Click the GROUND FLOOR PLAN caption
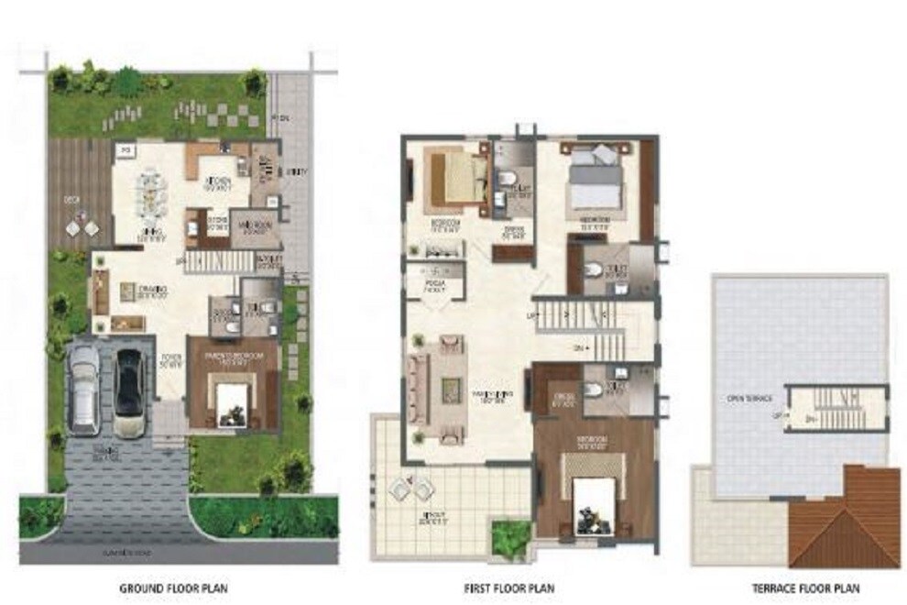click(173, 588)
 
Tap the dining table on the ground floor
click(148, 192)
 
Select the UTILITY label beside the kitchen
click(297, 171)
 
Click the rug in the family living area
click(453, 387)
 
